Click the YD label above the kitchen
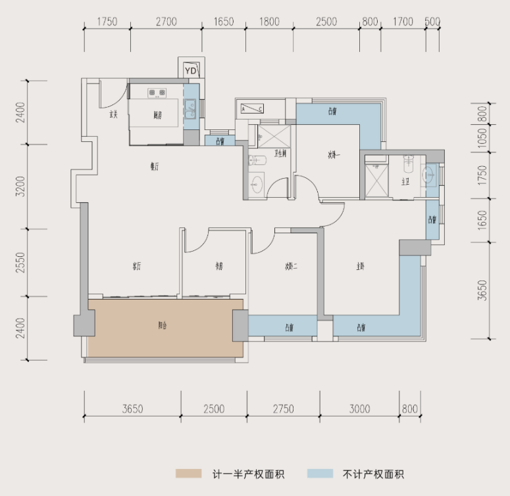pyautogui.click(x=191, y=70)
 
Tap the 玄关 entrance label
pyautogui.click(x=113, y=115)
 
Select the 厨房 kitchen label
pyautogui.click(x=157, y=115)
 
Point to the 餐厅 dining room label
pyautogui.click(x=154, y=167)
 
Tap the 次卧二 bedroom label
pyautogui.click(x=292, y=267)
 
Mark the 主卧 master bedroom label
pyautogui.click(x=361, y=267)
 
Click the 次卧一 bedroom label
pyautogui.click(x=336, y=156)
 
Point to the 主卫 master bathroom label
pyautogui.click(x=406, y=182)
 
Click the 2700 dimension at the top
pyautogui.click(x=166, y=22)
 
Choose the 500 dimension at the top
pyautogui.click(x=432, y=22)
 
